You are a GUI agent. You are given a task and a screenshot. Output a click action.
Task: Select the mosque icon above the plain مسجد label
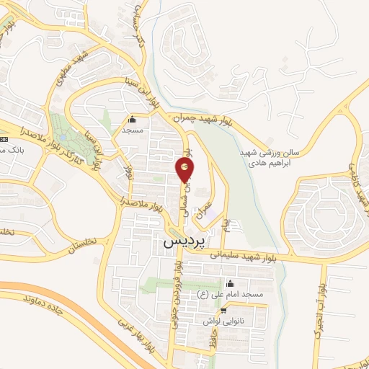click(x=131, y=120)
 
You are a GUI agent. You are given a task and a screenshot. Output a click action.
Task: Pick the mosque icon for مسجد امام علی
click(x=229, y=283)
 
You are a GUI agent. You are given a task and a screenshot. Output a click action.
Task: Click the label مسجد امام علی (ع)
click(x=229, y=295)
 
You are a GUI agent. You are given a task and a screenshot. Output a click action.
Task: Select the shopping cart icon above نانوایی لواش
click(x=224, y=311)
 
